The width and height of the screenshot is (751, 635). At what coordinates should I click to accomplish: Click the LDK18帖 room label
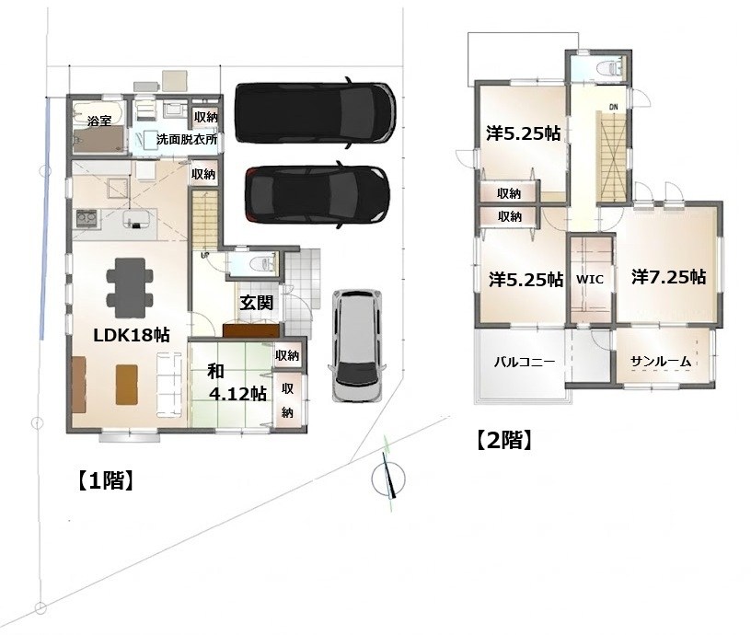tap(132, 335)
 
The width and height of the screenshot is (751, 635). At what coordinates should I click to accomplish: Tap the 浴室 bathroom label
tap(99, 121)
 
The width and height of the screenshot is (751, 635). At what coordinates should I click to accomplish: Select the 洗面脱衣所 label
tap(186, 139)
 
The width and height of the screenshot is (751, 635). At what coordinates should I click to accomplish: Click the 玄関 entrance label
tap(256, 302)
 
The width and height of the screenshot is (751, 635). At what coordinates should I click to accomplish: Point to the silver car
tap(358, 345)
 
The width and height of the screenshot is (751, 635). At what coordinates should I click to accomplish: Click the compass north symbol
tap(388, 477)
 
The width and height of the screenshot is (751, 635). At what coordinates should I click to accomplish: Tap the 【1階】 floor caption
tap(105, 480)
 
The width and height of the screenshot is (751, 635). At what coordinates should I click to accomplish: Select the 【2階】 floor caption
tap(503, 440)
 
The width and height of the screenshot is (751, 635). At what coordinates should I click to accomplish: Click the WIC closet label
tap(589, 279)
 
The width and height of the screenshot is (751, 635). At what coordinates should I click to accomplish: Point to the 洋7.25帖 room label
tap(668, 277)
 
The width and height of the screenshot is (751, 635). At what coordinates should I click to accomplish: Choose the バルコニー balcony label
tap(524, 361)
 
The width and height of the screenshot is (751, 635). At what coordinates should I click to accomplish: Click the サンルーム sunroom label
tap(661, 361)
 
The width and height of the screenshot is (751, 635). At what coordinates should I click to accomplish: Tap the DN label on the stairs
tap(614, 108)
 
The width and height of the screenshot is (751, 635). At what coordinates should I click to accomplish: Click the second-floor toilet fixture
tap(609, 67)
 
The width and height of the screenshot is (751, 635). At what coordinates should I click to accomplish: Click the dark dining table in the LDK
tap(130, 287)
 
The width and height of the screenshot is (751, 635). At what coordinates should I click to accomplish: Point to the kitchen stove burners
tap(87, 218)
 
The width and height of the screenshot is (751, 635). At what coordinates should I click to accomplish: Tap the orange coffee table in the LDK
tap(127, 385)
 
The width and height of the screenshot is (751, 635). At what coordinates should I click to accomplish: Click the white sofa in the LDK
tap(169, 385)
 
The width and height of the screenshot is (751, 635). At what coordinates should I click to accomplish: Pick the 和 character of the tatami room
tap(216, 372)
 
